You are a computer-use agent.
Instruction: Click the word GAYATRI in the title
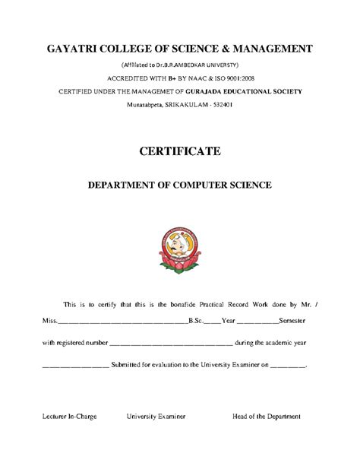tap(74, 49)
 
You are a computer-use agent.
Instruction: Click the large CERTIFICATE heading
tap(180, 151)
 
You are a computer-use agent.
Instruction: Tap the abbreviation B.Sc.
tap(195, 322)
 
